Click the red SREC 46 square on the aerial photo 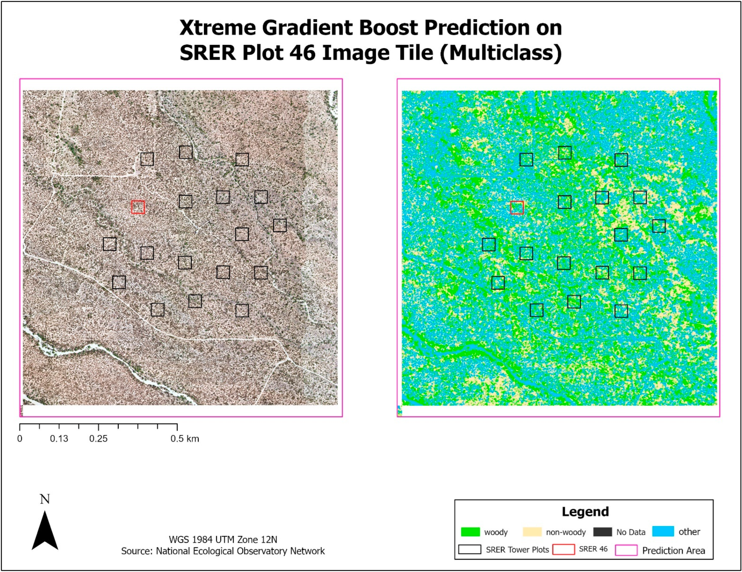[x=138, y=207]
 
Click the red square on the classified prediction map [x=517, y=207]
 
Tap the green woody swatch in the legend [x=470, y=532]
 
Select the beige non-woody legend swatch [x=532, y=532]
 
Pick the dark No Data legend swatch [x=602, y=532]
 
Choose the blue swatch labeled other [x=663, y=532]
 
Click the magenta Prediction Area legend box [x=626, y=550]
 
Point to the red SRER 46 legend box [x=564, y=550]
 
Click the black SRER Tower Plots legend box [x=470, y=550]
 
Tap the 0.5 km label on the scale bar [x=185, y=439]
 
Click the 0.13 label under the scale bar [x=59, y=439]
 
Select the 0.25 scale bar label [x=98, y=439]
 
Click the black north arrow [x=45, y=531]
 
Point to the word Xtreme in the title [x=218, y=28]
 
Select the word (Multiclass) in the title [x=501, y=53]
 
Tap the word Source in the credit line [x=136, y=551]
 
